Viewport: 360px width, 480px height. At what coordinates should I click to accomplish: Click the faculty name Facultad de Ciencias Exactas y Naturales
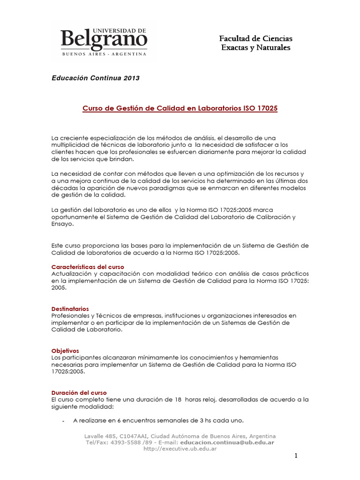(x=256, y=43)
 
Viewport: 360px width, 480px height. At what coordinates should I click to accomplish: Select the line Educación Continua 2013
(x=95, y=78)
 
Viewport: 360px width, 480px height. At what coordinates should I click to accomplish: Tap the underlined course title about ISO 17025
(x=180, y=108)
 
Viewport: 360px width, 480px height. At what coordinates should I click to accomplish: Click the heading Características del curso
(x=88, y=266)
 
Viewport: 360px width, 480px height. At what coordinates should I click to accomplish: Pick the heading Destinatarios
(x=70, y=309)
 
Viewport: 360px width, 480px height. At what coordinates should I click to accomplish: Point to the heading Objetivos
(x=65, y=351)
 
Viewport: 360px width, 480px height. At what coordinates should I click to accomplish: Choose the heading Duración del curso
(x=79, y=392)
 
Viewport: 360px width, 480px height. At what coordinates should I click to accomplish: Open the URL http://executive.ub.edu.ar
(x=180, y=449)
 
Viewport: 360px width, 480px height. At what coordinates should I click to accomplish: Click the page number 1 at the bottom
(x=296, y=456)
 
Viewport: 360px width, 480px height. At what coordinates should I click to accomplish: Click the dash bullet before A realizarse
(x=63, y=420)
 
